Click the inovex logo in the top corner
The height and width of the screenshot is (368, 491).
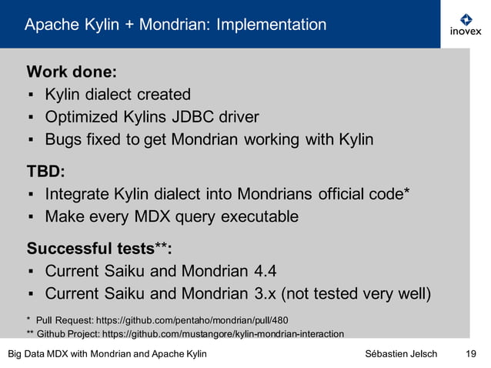pos(465,25)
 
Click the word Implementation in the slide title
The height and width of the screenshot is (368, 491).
pos(271,25)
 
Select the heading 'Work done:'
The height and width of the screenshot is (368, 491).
pos(72,72)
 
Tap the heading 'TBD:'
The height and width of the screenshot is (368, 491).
pos(46,169)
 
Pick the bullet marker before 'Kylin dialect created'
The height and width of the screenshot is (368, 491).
pos(30,95)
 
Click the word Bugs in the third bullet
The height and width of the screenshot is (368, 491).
pos(63,139)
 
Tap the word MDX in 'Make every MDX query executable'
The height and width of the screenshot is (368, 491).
pos(161,216)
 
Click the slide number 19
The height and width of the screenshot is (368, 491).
pos(471,353)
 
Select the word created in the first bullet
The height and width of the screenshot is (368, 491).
pos(165,95)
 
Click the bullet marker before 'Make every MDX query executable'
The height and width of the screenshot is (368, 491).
pos(30,217)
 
